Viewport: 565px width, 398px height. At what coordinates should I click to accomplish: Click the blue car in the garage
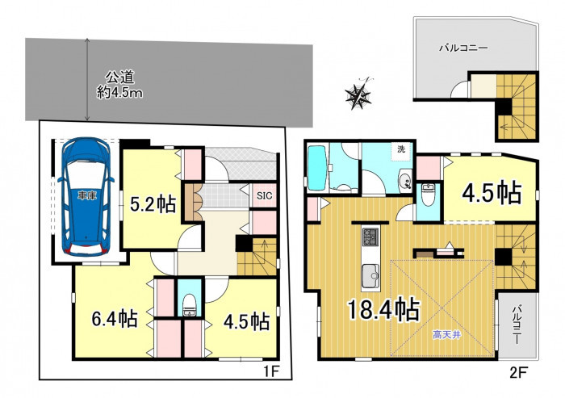[86, 196]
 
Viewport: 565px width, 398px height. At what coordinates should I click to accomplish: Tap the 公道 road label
[119, 78]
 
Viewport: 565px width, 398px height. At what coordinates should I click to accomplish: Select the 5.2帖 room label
[153, 204]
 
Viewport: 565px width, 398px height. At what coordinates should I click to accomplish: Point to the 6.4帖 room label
[115, 318]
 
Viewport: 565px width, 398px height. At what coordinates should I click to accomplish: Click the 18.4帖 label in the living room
[383, 309]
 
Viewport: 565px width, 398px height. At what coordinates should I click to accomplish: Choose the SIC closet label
[265, 195]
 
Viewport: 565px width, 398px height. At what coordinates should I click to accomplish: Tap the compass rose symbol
[358, 94]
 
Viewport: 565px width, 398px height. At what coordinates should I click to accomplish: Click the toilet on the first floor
[188, 306]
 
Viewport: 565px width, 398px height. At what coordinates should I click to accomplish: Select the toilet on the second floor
[428, 195]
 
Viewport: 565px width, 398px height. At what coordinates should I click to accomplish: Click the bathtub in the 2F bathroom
[317, 166]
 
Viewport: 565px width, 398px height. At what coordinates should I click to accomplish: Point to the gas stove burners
[370, 237]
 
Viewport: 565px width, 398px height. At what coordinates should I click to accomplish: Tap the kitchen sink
[370, 276]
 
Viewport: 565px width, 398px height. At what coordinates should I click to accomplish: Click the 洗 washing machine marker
[401, 149]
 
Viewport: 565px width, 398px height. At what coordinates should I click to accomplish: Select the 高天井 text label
[447, 335]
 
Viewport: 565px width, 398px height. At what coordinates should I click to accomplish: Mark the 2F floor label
[519, 372]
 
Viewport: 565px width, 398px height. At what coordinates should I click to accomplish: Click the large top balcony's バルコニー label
[463, 48]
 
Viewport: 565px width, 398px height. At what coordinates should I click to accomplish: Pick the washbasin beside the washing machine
[406, 178]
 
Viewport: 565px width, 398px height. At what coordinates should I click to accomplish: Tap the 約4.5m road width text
[119, 93]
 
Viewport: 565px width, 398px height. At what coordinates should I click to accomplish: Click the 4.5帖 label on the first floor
[246, 321]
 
